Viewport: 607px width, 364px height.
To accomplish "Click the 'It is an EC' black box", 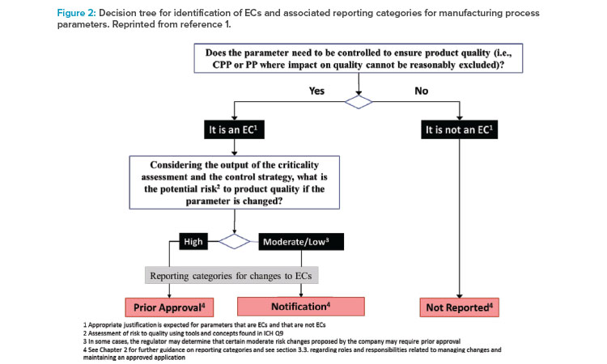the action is (x=234, y=129).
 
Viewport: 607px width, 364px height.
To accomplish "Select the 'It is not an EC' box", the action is (x=460, y=129).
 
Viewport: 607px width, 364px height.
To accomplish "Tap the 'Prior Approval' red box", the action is (x=169, y=307).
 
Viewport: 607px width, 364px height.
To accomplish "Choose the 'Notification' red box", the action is (x=301, y=307).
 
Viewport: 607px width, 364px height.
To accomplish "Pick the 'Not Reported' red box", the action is (x=460, y=307).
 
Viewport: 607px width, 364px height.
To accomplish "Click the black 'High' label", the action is (x=193, y=242).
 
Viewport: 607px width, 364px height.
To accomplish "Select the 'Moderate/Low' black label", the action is (x=301, y=242).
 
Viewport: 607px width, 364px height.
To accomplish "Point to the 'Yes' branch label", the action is (x=316, y=91).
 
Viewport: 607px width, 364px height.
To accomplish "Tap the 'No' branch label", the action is (x=421, y=91).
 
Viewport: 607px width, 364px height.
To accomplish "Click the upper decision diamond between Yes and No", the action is (x=359, y=102).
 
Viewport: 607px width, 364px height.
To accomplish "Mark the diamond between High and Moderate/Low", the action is (x=234, y=241).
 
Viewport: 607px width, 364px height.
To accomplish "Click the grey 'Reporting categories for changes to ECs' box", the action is (x=231, y=275).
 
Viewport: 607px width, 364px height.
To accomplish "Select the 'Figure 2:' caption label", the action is (x=76, y=13).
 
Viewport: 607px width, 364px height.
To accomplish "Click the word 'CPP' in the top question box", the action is (x=222, y=65).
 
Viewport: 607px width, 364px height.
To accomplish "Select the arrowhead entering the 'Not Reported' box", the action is (x=460, y=296).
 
